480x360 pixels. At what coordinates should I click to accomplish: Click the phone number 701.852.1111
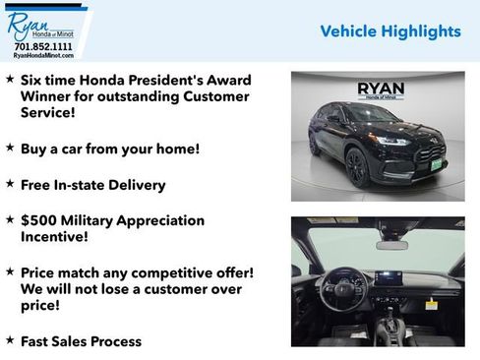[43, 46]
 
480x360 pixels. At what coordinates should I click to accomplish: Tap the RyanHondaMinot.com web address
[43, 55]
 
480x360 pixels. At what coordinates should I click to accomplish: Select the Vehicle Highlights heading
[390, 31]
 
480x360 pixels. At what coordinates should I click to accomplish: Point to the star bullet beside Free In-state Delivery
[10, 183]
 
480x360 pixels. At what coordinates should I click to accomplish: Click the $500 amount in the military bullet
[40, 220]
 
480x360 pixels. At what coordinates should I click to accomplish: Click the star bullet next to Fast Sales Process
[10, 340]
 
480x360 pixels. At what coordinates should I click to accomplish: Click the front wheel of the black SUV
[357, 167]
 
